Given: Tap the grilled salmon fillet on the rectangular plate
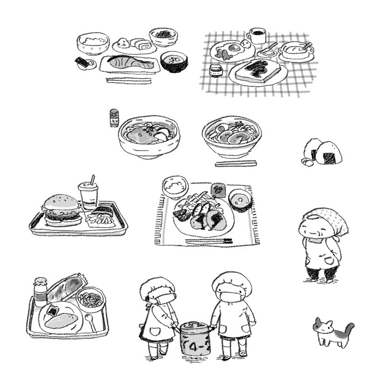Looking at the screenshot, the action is coord(131,63).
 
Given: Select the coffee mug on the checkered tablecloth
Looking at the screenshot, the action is coord(257,36).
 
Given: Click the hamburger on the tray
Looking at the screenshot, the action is coord(62,210).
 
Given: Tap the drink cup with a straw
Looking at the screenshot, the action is coord(88,193).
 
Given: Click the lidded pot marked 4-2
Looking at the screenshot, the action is coord(195,338).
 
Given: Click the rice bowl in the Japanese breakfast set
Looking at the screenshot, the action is coord(93,43).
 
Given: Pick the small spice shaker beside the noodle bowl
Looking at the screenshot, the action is coord(114,118).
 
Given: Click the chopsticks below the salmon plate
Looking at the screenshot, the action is coord(128,80).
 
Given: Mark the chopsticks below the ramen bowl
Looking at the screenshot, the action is coord(236,164).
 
